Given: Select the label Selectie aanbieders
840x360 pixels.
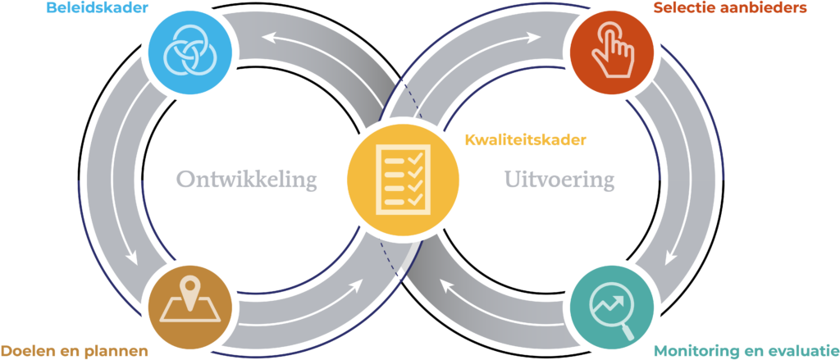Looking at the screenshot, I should click(731, 9).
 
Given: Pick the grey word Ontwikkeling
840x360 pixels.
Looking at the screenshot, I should click(246, 180).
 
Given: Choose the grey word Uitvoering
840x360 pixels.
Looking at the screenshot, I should click(559, 180).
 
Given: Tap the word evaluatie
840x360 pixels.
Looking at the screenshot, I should click(797, 350).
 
